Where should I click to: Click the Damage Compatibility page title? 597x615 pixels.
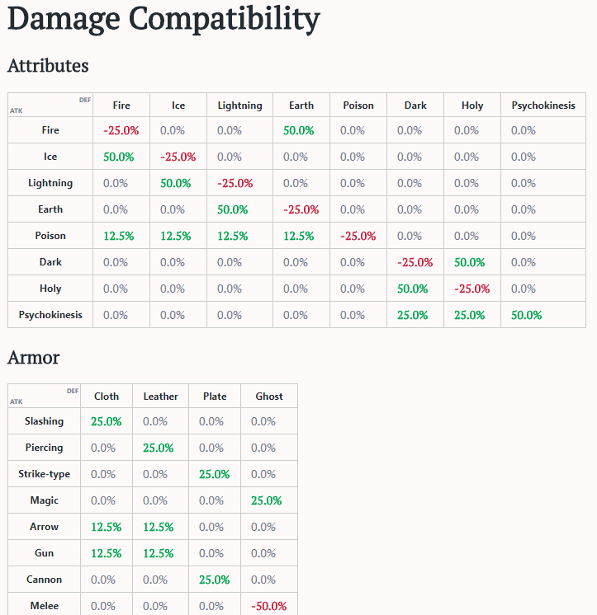(163, 19)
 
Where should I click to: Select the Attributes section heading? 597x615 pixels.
(48, 66)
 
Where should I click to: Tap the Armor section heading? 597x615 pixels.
(33, 357)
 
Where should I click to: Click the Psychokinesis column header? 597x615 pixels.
(543, 106)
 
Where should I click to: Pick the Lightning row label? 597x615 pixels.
(50, 183)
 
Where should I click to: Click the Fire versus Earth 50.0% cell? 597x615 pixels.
(298, 130)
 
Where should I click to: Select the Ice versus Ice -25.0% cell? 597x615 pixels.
(178, 157)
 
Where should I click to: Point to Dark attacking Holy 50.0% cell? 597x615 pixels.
(469, 262)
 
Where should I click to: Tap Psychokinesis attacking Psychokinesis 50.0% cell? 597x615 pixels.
(526, 315)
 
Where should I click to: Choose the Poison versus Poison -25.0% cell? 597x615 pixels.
(358, 236)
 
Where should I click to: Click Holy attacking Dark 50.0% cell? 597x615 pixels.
(412, 289)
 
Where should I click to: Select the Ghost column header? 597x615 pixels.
(269, 397)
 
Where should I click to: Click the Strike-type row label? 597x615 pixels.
(45, 474)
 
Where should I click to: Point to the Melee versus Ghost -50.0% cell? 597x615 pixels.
(268, 606)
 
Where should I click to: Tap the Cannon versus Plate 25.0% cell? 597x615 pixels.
(214, 580)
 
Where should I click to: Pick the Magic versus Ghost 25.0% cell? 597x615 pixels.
(267, 500)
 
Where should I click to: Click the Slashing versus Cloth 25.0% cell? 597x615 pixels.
(106, 421)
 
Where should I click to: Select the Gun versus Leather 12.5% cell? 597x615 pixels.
(159, 553)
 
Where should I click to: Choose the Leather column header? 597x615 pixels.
(160, 397)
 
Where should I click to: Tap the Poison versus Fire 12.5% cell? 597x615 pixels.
(119, 236)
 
